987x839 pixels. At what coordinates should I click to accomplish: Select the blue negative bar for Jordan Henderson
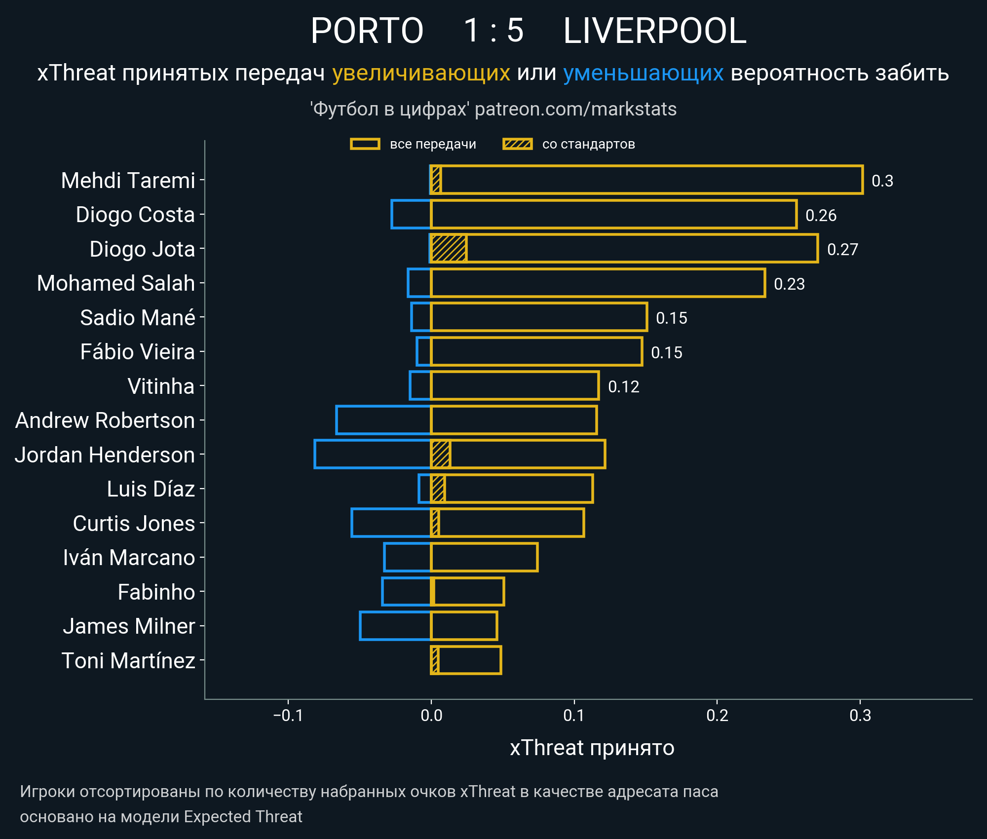tap(373, 454)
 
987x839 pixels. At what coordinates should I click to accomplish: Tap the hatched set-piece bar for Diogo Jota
tap(449, 249)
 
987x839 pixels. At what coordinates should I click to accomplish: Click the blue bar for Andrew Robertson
tap(383, 420)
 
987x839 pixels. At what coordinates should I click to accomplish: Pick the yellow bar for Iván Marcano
tap(484, 557)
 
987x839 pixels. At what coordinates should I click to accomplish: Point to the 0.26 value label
tap(821, 215)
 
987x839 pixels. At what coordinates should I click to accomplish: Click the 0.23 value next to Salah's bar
tap(789, 284)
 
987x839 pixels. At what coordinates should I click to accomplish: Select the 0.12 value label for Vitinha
tap(623, 386)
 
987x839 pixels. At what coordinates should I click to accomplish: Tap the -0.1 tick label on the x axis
tap(288, 715)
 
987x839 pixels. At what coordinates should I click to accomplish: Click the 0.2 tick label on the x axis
tap(717, 715)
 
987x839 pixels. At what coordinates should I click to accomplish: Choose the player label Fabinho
tap(156, 592)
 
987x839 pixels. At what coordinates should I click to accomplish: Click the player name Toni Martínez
tap(128, 660)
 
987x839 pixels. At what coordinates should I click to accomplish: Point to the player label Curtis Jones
tap(134, 523)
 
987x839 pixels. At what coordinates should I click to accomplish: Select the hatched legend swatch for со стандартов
tap(517, 144)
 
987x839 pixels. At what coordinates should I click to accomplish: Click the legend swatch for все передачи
tap(365, 144)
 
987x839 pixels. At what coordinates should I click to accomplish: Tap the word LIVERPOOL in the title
tap(654, 31)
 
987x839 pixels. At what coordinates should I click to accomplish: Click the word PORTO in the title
tap(367, 31)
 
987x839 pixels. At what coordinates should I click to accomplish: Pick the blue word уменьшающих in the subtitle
tap(643, 73)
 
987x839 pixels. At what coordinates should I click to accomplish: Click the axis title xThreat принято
tap(592, 748)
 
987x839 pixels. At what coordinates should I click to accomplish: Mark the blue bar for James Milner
tap(395, 626)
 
